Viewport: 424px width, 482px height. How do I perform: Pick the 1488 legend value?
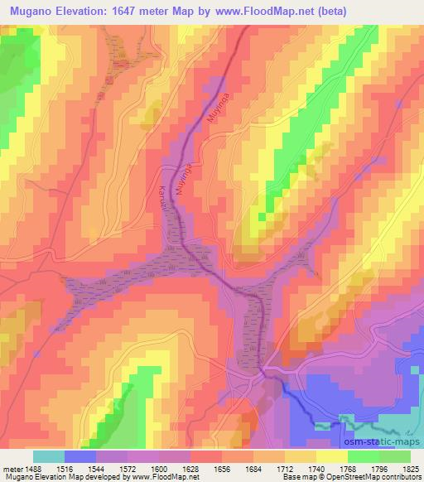[35, 468]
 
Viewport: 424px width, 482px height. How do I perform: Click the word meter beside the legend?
[12, 468]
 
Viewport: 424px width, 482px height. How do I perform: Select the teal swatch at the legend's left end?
[49, 456]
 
